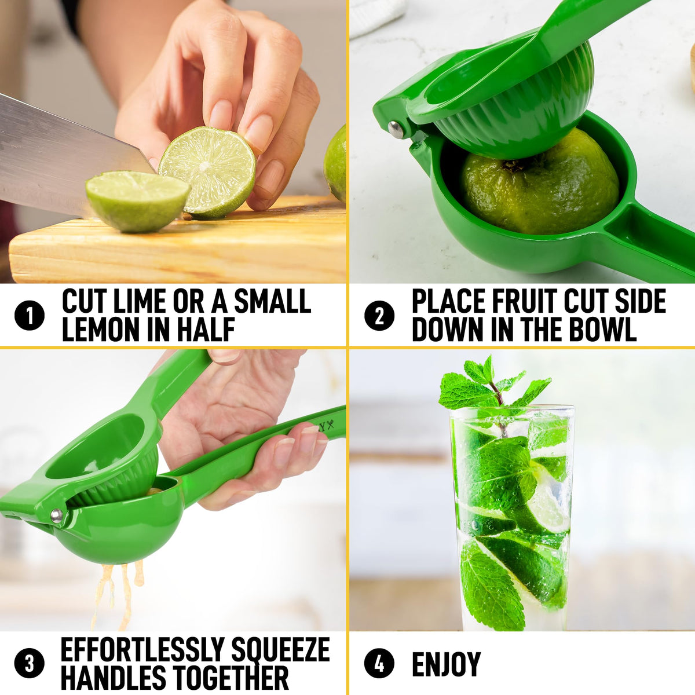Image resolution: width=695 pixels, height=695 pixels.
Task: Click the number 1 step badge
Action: [30, 315]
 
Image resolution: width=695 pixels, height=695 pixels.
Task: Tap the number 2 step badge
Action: [379, 315]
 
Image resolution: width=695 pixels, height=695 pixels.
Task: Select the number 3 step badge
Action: [30, 663]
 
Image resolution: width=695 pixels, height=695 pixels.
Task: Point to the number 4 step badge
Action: [379, 663]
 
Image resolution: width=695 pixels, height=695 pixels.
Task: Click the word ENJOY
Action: [447, 664]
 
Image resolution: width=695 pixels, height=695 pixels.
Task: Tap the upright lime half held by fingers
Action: [207, 173]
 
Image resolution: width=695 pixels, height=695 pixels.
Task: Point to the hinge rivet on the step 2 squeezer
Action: [396, 130]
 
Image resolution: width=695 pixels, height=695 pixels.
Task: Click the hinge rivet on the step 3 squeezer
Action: [57, 515]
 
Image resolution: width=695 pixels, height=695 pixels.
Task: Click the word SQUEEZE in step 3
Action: [280, 650]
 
